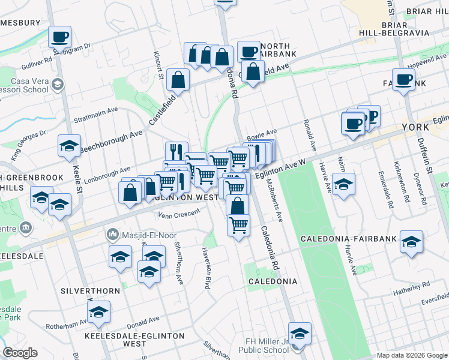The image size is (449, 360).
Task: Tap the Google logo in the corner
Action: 20,353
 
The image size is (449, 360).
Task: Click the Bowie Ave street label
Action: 261,131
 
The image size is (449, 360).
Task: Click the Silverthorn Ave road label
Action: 178,262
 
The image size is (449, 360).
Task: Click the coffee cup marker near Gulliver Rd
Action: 59,37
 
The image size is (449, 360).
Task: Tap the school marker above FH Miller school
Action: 300,333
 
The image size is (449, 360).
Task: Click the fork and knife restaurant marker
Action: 176,151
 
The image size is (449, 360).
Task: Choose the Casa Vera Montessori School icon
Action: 56,85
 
